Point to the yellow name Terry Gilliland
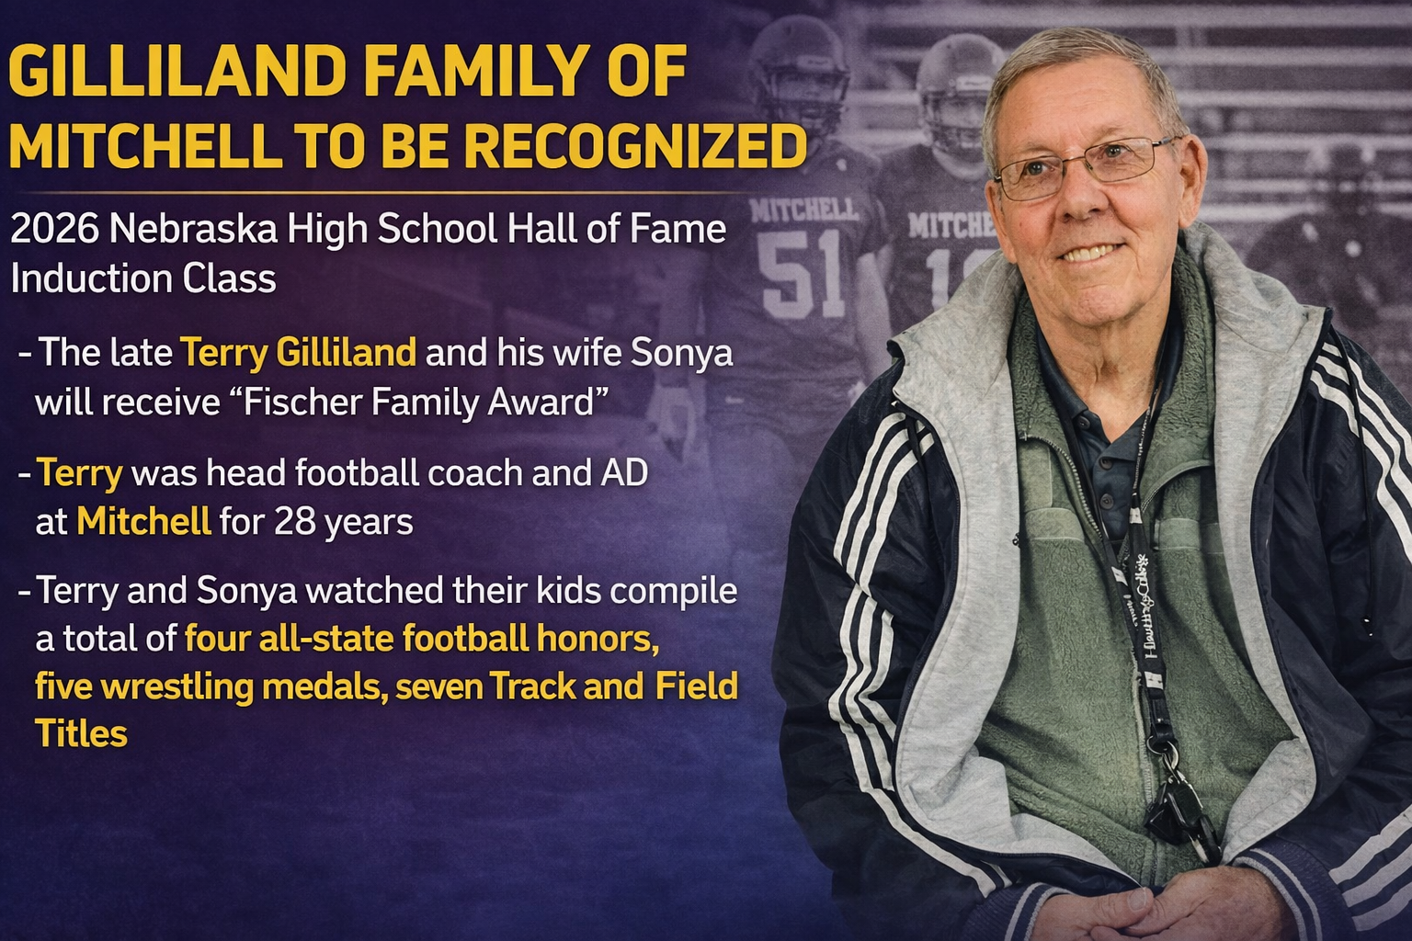click(x=298, y=354)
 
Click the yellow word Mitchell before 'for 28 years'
click(x=143, y=522)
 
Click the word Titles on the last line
click(x=81, y=734)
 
